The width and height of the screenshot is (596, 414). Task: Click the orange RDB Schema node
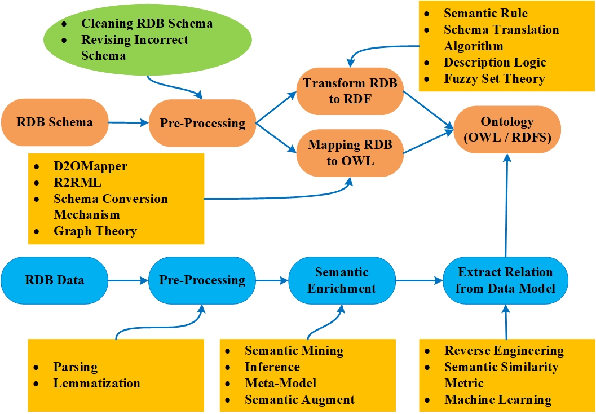pos(54,122)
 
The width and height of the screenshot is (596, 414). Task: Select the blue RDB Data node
pos(54,280)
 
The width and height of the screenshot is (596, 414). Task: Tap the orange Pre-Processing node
pos(202,123)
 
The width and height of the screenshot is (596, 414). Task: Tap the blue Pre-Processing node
pos(202,280)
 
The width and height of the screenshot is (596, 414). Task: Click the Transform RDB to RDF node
pos(350,90)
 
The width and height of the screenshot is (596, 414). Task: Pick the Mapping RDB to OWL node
pos(350,152)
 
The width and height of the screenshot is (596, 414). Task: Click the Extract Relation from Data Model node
pos(506,280)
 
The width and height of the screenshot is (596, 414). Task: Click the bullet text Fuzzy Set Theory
pos(494,78)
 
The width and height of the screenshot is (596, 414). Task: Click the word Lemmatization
pos(96,383)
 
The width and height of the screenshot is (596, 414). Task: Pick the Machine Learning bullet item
pos(497,399)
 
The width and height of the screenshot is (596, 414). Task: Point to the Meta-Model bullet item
pos(280,383)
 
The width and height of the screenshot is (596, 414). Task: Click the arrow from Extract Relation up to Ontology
pos(506,209)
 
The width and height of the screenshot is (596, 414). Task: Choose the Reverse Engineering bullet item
pos(504,350)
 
